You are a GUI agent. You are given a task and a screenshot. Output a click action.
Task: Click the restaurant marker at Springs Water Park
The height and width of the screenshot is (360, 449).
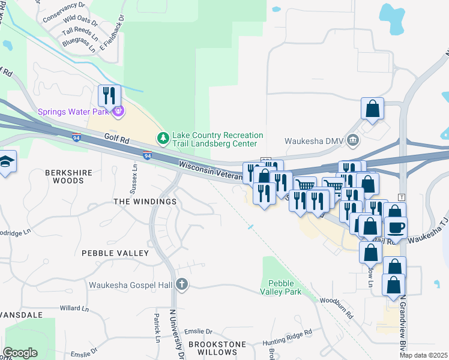pyautogui.click(x=109, y=96)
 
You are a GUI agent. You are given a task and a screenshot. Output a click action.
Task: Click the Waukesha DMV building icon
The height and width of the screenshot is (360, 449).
pyautogui.click(x=352, y=141)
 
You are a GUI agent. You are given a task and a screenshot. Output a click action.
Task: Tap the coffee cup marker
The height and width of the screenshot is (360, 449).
pyautogui.click(x=396, y=228)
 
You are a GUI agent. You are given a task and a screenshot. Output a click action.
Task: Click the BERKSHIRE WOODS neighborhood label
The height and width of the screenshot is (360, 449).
pyautogui.click(x=69, y=176)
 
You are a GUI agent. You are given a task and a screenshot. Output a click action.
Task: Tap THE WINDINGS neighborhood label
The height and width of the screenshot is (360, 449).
pyautogui.click(x=145, y=202)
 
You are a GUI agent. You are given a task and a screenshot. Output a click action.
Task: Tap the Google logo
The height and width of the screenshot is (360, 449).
pyautogui.click(x=20, y=353)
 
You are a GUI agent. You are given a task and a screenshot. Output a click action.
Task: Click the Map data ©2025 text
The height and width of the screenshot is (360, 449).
pyautogui.click(x=424, y=355)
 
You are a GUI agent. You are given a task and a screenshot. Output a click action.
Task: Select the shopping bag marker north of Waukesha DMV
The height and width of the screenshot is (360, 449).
pyautogui.click(x=372, y=109)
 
